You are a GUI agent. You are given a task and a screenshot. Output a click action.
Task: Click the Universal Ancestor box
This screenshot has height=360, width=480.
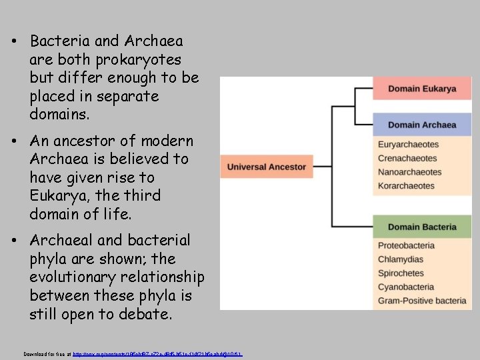point(267,167)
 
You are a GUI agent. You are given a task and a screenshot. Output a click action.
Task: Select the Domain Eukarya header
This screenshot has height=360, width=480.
point(422,89)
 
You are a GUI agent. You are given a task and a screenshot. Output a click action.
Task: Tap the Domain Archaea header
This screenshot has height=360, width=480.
point(422,125)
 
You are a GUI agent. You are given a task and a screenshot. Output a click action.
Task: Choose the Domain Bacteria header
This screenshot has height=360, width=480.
point(422,227)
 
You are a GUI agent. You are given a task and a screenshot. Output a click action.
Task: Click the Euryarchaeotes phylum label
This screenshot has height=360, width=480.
point(409,145)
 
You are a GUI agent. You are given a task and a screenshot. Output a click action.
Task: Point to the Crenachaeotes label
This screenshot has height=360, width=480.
point(407,158)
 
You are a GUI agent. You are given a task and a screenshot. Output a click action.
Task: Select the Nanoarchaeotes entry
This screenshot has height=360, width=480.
point(409,172)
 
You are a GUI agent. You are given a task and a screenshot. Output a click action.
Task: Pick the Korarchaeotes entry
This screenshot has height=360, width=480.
point(406,185)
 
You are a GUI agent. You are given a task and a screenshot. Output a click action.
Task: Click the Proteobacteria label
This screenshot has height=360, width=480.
point(407,246)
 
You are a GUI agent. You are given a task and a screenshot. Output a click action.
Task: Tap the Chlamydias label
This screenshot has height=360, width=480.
point(401,259)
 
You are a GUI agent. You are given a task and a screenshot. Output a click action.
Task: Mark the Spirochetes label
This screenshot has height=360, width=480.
point(401,273)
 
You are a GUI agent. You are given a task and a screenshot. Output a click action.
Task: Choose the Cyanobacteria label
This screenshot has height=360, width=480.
point(406,287)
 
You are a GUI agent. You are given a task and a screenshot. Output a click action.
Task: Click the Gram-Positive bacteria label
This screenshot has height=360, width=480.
point(422,301)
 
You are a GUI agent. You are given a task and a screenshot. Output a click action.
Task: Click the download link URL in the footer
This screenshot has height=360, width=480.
point(157,353)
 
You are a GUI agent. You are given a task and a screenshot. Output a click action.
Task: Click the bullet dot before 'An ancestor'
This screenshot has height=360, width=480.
point(14,142)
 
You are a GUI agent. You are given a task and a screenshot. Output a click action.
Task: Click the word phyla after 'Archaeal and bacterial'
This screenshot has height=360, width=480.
point(49,258)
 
